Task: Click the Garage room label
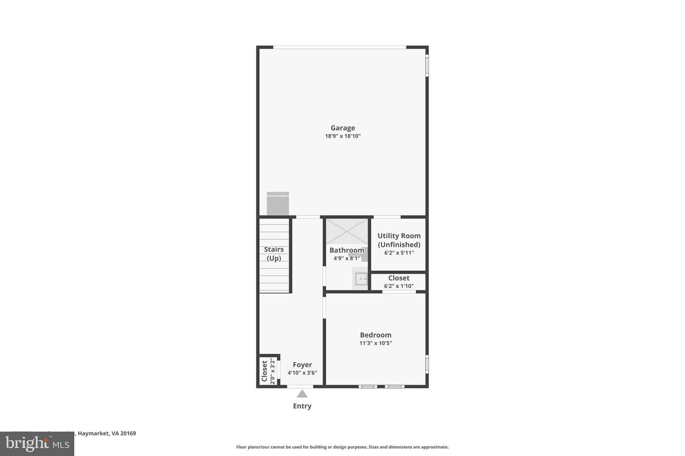pos(342,128)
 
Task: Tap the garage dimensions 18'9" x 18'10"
pos(342,136)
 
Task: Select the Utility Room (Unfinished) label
pos(399,240)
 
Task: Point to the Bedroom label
pos(375,335)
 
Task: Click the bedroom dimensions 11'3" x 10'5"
pos(375,343)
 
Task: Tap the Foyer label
pos(302,365)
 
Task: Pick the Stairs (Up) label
pos(274,254)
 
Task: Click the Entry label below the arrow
pos(302,406)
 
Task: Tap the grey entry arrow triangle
pos(302,394)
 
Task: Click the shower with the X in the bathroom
pos(347,231)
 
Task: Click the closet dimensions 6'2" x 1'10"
pos(399,286)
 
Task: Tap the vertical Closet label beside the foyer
pos(265,371)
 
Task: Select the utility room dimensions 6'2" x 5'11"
pos(399,253)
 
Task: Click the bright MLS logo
pos(37,444)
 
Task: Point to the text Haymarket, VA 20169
pos(107,433)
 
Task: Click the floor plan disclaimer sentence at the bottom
pos(342,447)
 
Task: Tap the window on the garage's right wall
pos(427,65)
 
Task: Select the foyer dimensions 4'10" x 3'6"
pos(302,373)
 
